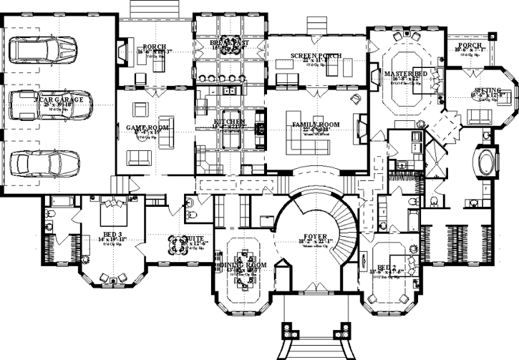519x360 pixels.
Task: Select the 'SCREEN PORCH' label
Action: pyautogui.click(x=316, y=56)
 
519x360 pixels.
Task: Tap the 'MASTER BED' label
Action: pyautogui.click(x=405, y=74)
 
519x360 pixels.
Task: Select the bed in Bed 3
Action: pyautogui.click(x=109, y=210)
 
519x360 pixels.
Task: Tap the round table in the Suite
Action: pyautogui.click(x=175, y=245)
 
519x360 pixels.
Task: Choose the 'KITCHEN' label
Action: pyautogui.click(x=229, y=122)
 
